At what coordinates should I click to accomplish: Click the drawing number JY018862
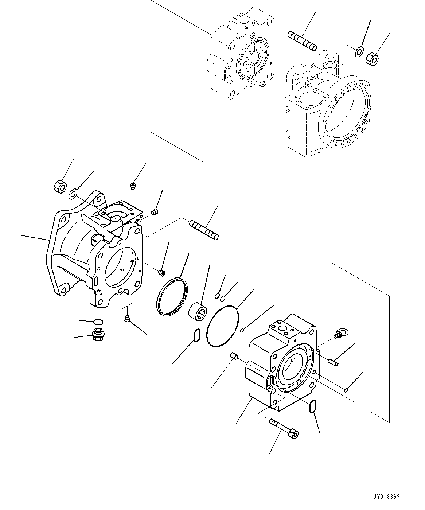pyautogui.click(x=386, y=497)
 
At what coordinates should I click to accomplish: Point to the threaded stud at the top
pyautogui.click(x=302, y=41)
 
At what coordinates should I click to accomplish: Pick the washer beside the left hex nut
pyautogui.click(x=73, y=194)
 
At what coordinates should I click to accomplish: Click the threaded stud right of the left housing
pyautogui.click(x=204, y=230)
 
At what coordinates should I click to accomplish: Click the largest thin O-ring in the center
pyautogui.click(x=222, y=326)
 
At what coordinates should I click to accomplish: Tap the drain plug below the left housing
pyautogui.click(x=98, y=334)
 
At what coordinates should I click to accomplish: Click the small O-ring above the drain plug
pyautogui.click(x=98, y=321)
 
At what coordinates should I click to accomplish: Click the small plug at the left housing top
pyautogui.click(x=133, y=187)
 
